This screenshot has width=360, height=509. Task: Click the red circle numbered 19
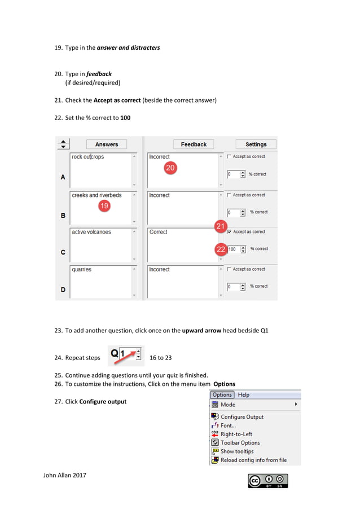(104, 206)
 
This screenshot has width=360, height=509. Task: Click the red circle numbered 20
(170, 168)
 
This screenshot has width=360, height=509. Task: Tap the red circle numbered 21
(220, 226)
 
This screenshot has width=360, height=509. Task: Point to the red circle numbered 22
(221, 249)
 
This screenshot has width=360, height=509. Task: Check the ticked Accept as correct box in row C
(229, 232)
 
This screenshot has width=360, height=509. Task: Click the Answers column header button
(107, 144)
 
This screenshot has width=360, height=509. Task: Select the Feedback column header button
(194, 144)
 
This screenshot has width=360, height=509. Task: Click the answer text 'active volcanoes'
(91, 232)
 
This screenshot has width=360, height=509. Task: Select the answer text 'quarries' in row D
(82, 270)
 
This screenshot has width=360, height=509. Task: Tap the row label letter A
(63, 177)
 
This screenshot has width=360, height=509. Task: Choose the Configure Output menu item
(242, 417)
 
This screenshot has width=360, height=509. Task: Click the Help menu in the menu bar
(244, 395)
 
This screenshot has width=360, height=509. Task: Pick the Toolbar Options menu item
(240, 443)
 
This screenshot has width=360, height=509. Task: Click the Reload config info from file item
(253, 460)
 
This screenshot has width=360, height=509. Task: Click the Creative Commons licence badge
(268, 481)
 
